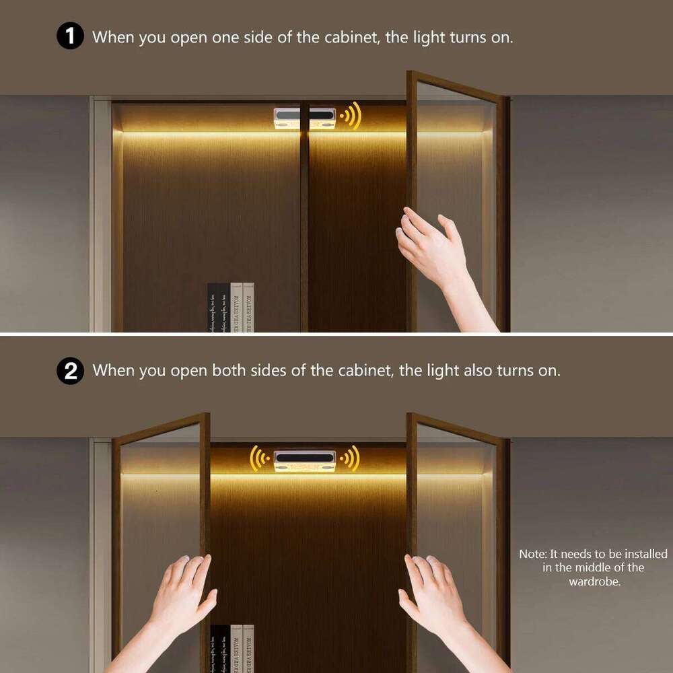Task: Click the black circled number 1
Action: (70, 36)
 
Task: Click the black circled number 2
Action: (70, 370)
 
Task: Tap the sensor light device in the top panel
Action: (304, 117)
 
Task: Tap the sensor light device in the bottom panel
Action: (304, 460)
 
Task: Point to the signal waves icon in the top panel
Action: (351, 116)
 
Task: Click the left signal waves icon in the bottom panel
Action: (260, 459)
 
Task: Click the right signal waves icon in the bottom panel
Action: (350, 459)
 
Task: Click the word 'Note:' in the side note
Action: (533, 554)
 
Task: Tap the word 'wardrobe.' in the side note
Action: (594, 581)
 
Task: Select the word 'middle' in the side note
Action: (594, 567)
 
